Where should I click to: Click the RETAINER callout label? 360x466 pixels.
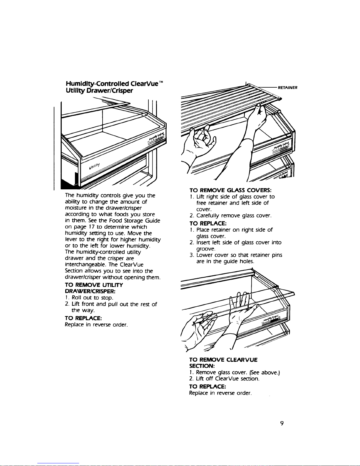pyautogui.click(x=288, y=87)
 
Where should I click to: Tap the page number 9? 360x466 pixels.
pyautogui.click(x=282, y=423)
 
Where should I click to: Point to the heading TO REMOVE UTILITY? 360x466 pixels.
pyautogui.click(x=93, y=285)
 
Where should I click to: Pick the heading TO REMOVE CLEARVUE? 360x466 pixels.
pyautogui.click(x=223, y=360)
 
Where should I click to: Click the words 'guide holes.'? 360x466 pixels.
pyautogui.click(x=239, y=261)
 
